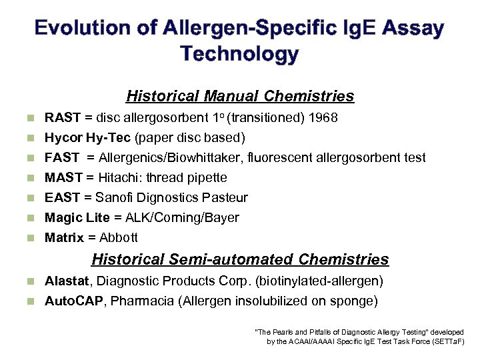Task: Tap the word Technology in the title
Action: (x=240, y=54)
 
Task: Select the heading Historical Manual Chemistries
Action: (x=240, y=97)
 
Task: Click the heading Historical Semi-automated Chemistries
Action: (x=240, y=259)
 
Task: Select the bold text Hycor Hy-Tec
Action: (x=88, y=138)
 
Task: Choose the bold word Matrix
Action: (x=64, y=238)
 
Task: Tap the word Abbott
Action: (x=118, y=238)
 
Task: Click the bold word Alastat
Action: (x=65, y=281)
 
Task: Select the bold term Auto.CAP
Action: (x=74, y=301)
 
